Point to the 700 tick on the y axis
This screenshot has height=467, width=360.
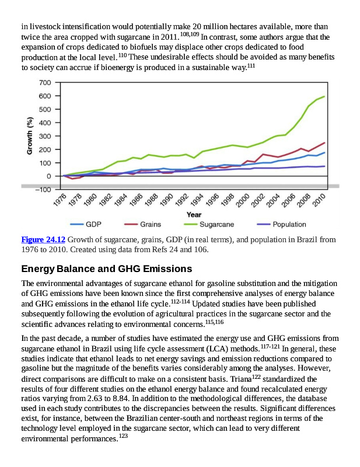click(x=45, y=82)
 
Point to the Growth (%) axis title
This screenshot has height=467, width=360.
click(x=29, y=135)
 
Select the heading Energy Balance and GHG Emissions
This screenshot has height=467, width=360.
click(x=106, y=269)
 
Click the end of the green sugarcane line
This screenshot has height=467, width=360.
click(x=324, y=96)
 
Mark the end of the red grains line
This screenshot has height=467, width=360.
click(x=324, y=142)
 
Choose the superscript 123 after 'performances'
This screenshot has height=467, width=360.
click(x=123, y=436)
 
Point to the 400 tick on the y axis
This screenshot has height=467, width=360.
click(x=45, y=123)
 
